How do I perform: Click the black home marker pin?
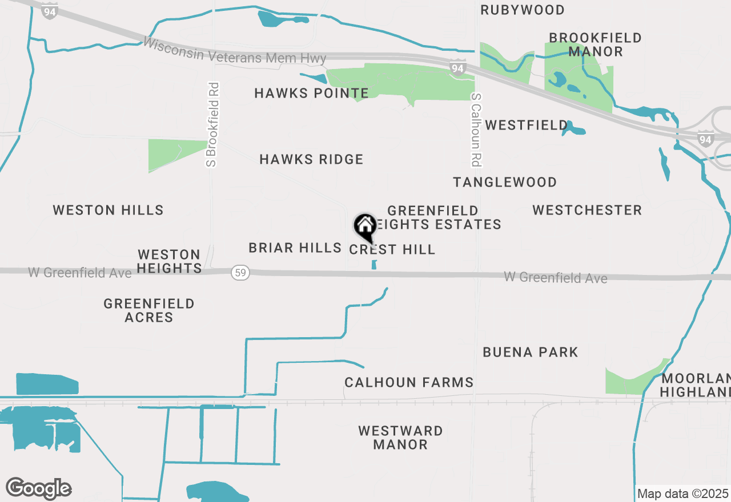[365, 226]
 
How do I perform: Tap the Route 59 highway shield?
[240, 273]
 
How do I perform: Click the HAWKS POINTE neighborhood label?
[311, 93]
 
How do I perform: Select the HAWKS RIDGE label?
[311, 159]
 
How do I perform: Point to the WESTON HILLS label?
[108, 210]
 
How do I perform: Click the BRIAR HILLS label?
[295, 248]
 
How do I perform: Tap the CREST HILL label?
[392, 249]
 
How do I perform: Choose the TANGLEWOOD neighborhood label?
[505, 182]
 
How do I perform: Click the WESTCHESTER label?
[587, 210]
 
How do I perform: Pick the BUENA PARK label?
[531, 352]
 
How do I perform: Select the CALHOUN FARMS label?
[409, 382]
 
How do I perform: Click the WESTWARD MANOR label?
[400, 438]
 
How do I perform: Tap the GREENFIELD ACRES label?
[149, 310]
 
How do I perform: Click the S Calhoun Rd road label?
[475, 130]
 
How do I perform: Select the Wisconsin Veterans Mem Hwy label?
[235, 51]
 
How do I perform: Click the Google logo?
[39, 488]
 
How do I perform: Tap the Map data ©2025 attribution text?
[682, 493]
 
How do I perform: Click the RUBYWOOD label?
[522, 10]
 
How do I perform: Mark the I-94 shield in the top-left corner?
[50, 11]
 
